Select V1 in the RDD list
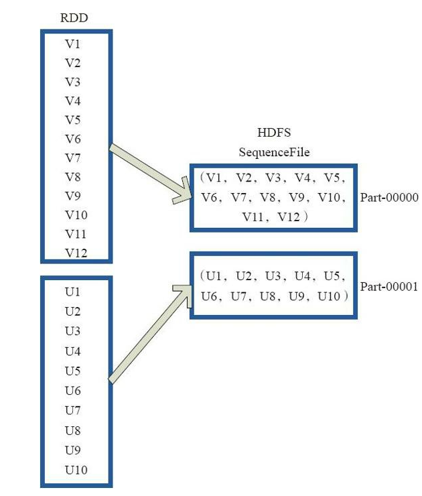pyautogui.click(x=73, y=44)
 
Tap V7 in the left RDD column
pyautogui.click(x=73, y=158)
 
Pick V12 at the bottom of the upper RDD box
pyautogui.click(x=76, y=253)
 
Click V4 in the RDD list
pyautogui.click(x=73, y=101)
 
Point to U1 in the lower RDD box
pyautogui.click(x=73, y=292)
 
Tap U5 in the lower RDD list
pyautogui.click(x=73, y=371)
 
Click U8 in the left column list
pyautogui.click(x=73, y=430)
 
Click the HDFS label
pyautogui.click(x=274, y=133)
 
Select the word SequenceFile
pyautogui.click(x=274, y=152)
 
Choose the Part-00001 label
pyautogui.click(x=389, y=286)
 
